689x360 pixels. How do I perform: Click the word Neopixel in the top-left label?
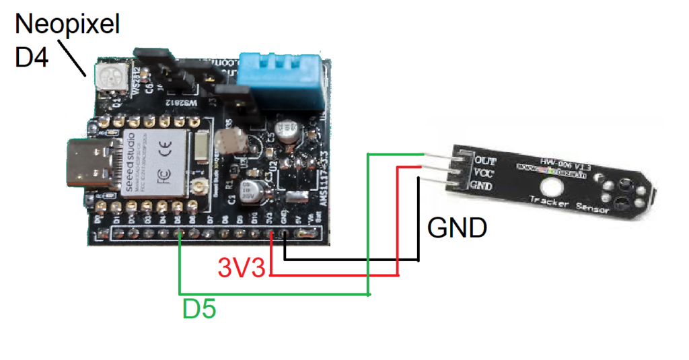(x=67, y=26)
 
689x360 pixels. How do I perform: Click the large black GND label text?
(x=457, y=229)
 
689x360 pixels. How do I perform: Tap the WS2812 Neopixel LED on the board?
(x=110, y=75)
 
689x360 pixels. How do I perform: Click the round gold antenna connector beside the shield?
(x=198, y=186)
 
